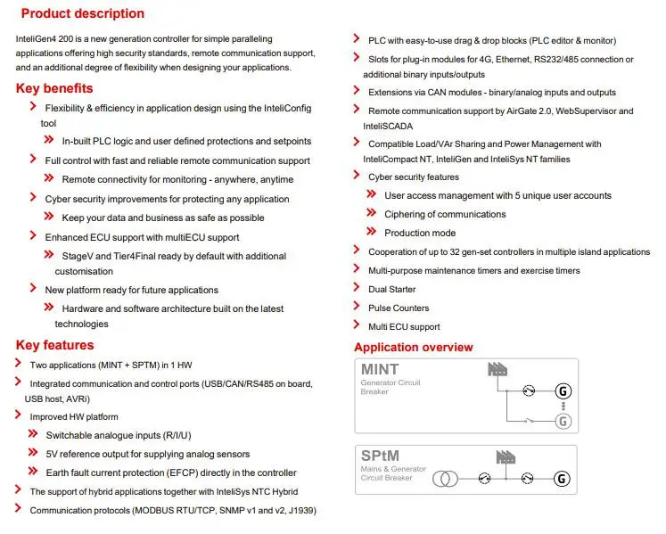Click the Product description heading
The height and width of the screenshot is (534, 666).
tap(82, 13)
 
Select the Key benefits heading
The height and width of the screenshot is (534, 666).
tap(54, 87)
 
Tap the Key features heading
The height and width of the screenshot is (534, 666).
tap(54, 345)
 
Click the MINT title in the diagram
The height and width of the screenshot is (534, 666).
tap(379, 369)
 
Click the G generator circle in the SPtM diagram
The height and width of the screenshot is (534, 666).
tap(562, 479)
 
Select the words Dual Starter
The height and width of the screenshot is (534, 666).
tap(391, 289)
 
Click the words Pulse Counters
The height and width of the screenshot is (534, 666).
tap(398, 308)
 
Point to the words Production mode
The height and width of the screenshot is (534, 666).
tap(420, 233)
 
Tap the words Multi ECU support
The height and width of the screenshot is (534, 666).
tap(404, 326)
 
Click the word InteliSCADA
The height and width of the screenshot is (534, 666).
tap(388, 127)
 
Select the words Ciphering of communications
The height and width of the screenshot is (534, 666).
tap(445, 214)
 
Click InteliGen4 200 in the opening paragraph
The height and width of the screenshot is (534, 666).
tap(49, 39)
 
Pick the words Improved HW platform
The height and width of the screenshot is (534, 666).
tap(74, 416)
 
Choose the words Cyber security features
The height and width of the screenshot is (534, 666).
tap(414, 177)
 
